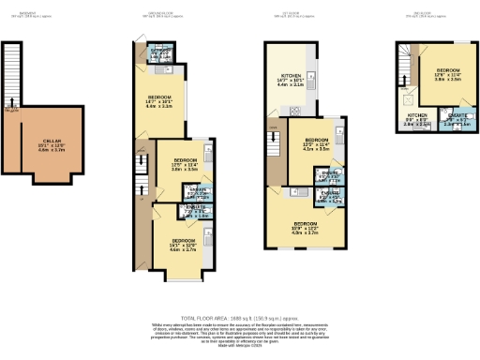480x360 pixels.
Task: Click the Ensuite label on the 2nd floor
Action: coord(448,119)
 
